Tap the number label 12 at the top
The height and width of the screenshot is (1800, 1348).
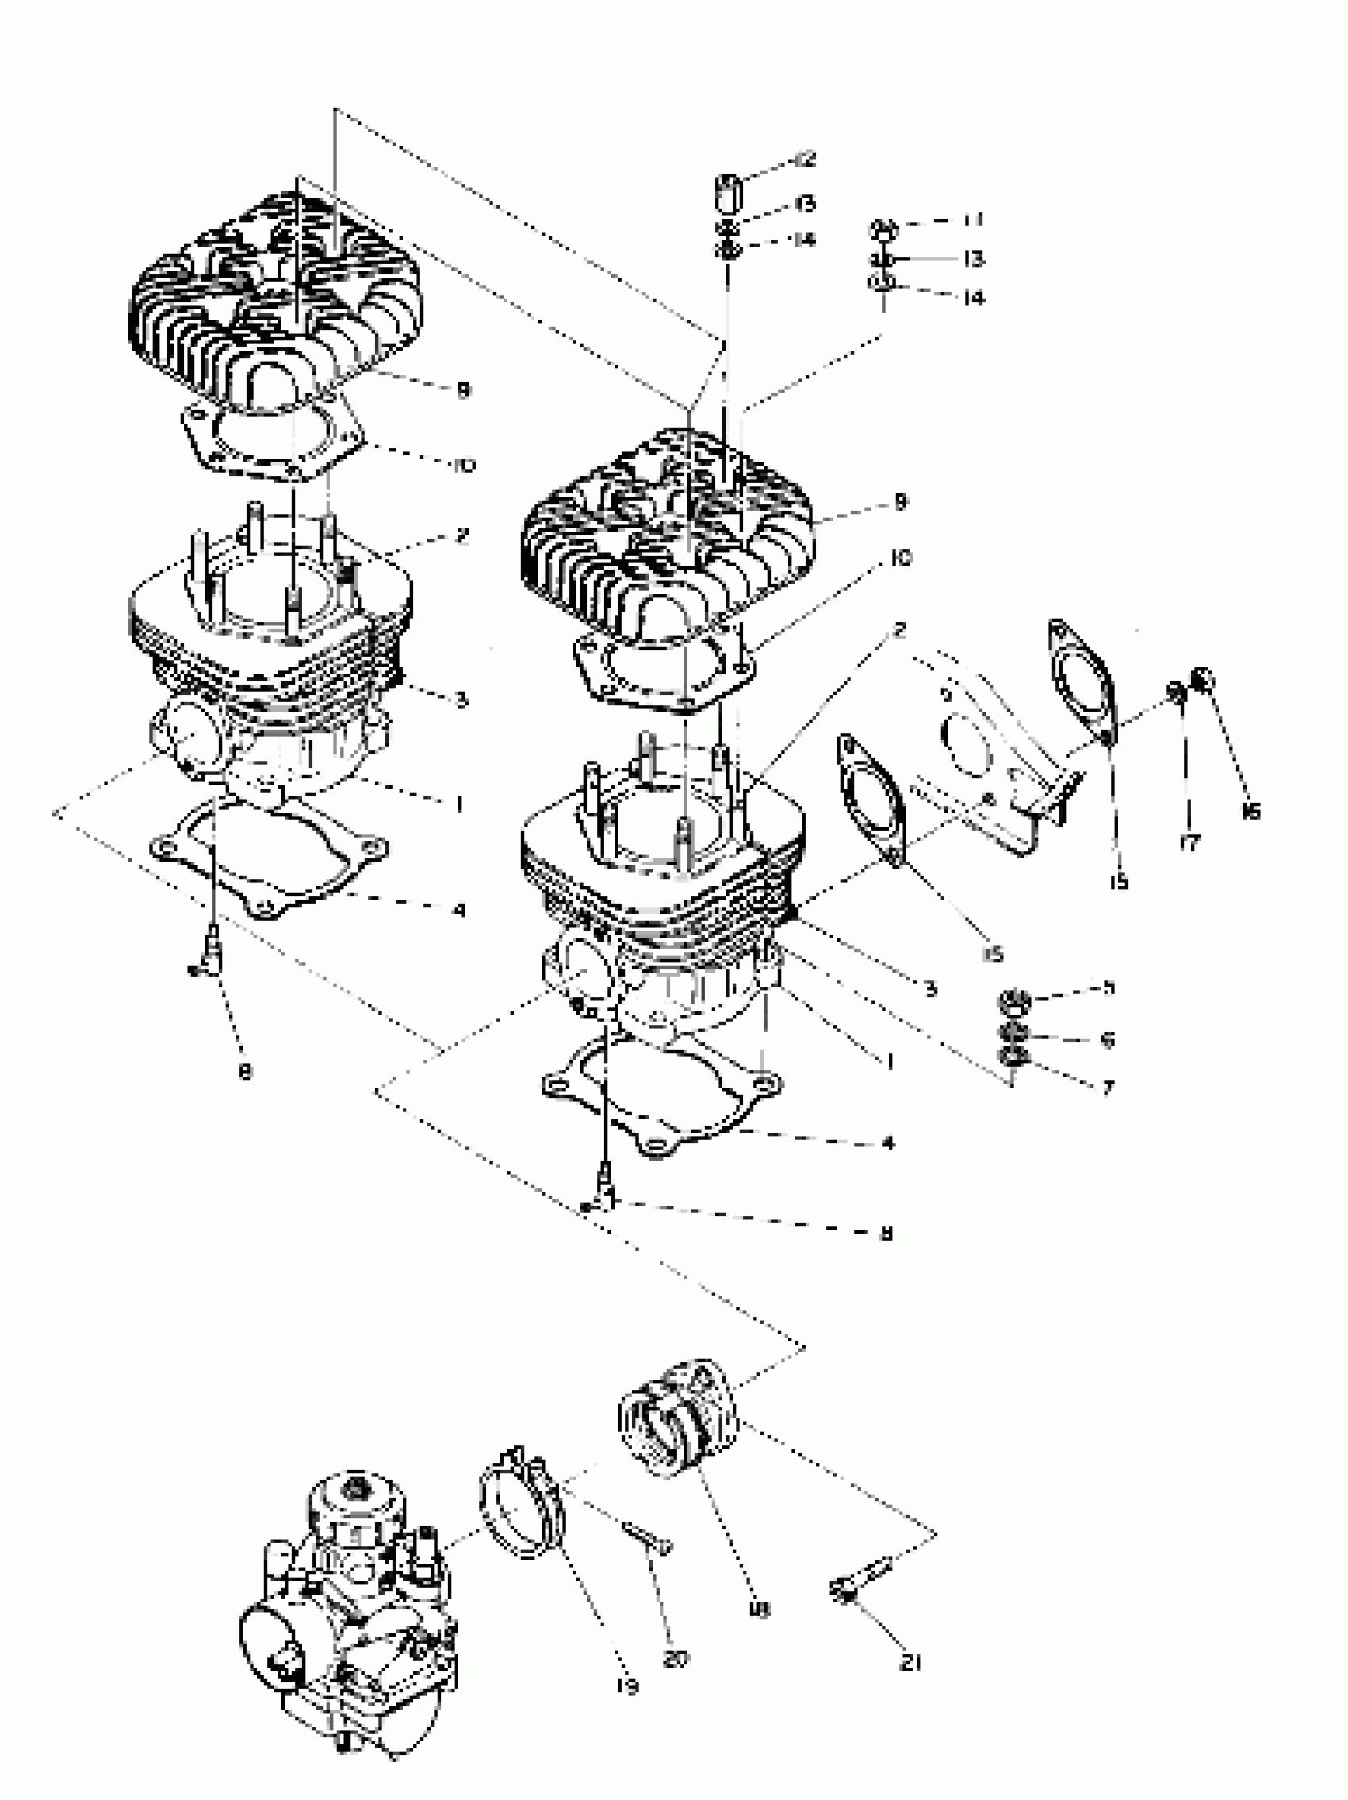coord(806,160)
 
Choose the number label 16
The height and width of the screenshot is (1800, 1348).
coord(1250,811)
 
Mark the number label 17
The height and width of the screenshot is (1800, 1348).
coord(1189,843)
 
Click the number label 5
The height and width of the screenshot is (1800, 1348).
coord(1107,988)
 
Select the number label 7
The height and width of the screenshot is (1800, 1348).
coord(1107,1087)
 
